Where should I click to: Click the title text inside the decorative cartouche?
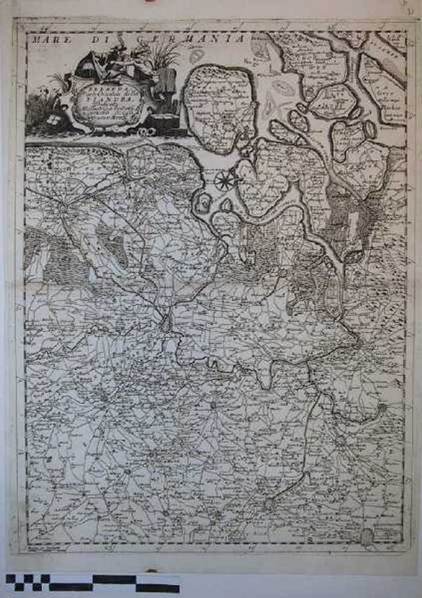(109, 103)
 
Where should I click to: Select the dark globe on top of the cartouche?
(89, 64)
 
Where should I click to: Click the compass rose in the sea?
(225, 179)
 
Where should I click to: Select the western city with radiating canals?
(63, 208)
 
